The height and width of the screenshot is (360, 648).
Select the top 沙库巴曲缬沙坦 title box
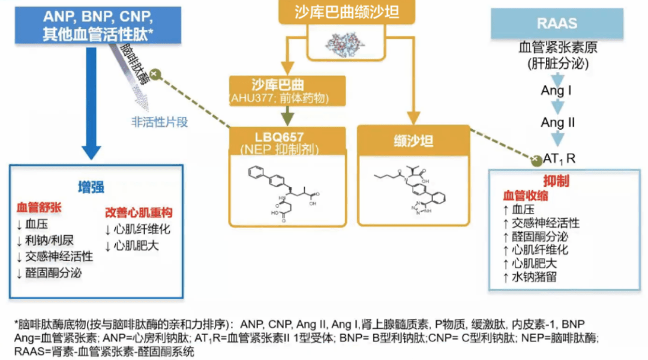347,13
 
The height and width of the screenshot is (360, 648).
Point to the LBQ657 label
279,138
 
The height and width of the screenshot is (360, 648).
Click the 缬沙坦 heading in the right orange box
413,142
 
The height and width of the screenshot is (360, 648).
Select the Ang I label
556,91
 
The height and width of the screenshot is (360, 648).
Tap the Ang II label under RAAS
557,123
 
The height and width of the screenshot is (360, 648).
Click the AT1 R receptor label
559,160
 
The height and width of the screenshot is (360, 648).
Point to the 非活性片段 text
160,122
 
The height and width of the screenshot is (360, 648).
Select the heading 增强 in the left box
91,187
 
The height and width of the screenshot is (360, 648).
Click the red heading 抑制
556,181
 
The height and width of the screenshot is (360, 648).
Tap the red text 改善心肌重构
139,212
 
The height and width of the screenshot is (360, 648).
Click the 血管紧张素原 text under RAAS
557,47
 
